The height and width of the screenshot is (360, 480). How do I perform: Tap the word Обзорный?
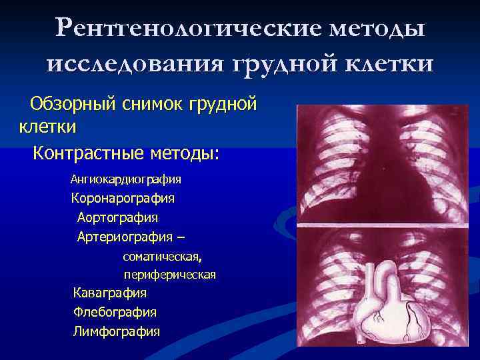click(x=73, y=104)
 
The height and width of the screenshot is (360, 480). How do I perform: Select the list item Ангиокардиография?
click(x=126, y=179)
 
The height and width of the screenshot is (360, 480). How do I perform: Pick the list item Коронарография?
click(x=123, y=198)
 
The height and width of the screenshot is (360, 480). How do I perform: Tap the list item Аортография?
click(x=117, y=217)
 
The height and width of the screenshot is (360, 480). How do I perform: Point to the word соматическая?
click(x=163, y=256)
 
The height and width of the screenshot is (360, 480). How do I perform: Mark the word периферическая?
click(x=169, y=275)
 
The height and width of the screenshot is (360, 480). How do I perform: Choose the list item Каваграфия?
click(x=110, y=293)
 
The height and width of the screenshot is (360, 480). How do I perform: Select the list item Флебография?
click(x=115, y=311)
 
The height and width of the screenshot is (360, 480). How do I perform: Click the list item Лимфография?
click(x=116, y=331)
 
